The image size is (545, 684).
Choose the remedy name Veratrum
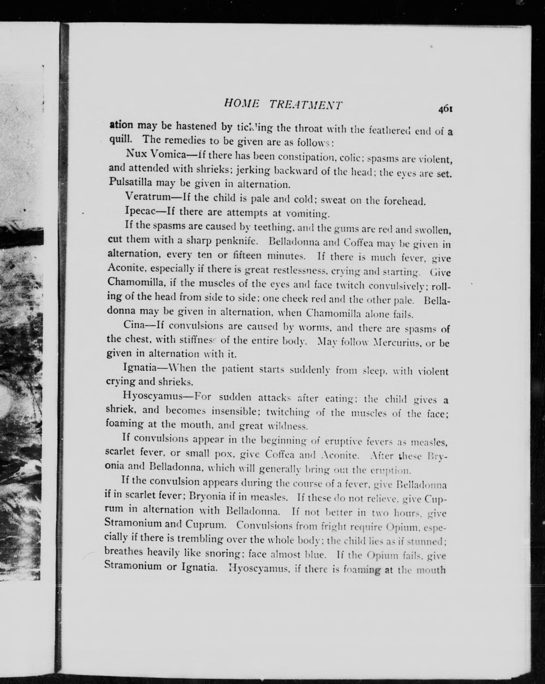tap(148, 197)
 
